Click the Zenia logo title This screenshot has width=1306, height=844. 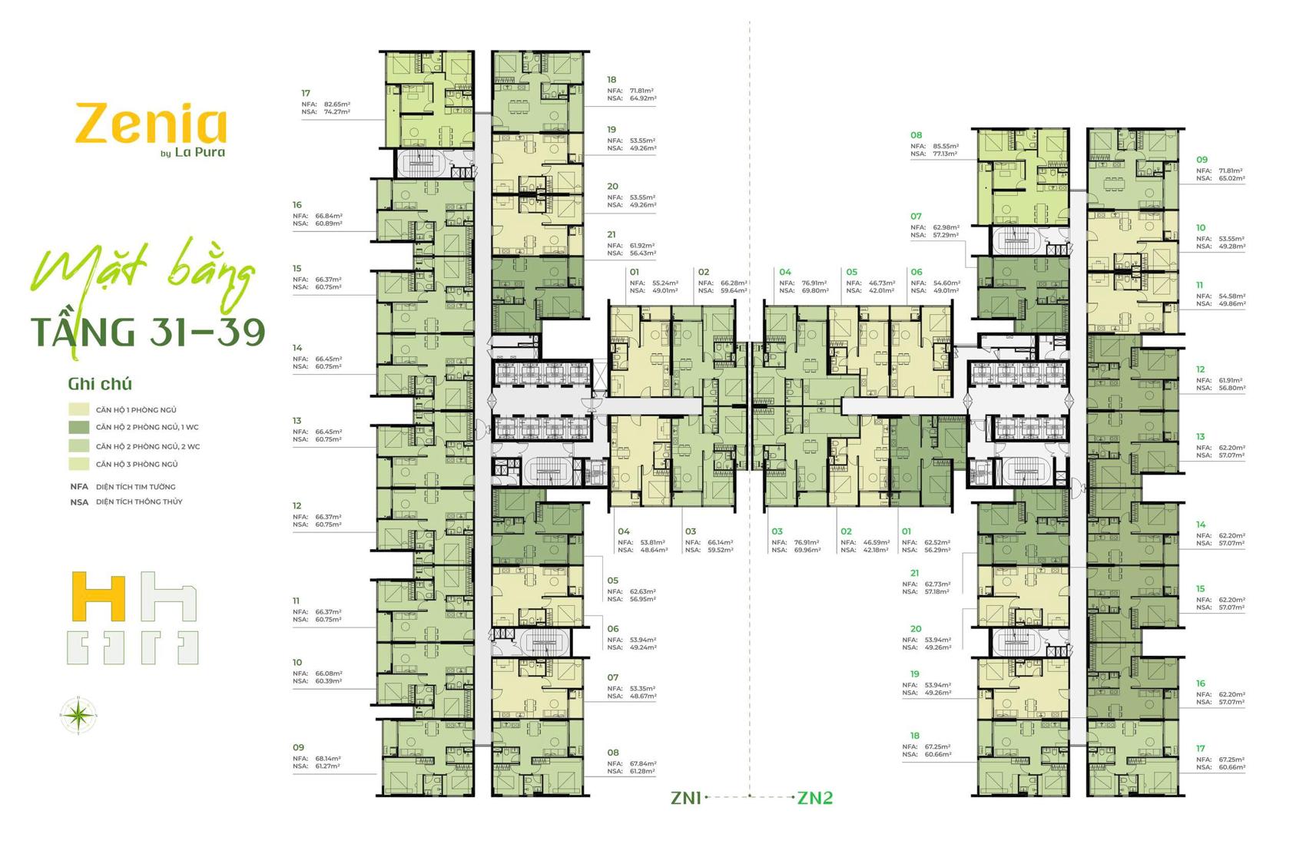[151, 125]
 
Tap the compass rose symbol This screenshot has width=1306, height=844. [78, 716]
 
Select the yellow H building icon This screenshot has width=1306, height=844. [98, 596]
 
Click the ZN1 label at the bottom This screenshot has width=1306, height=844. [686, 798]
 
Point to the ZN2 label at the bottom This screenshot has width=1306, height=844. [815, 798]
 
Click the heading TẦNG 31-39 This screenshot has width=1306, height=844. [148, 331]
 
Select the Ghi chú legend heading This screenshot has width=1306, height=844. [100, 384]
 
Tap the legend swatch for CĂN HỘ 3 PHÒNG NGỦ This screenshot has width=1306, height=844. [79, 464]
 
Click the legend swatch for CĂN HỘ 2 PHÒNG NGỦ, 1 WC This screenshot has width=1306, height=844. [79, 427]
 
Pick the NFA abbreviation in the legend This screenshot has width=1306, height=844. [79, 487]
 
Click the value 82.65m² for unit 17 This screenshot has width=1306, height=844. [336, 104]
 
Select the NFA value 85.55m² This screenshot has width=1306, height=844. [944, 146]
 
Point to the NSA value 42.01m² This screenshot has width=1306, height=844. [881, 291]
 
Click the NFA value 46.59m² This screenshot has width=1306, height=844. [875, 542]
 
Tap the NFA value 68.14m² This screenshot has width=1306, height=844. [327, 758]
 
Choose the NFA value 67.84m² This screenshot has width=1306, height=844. [643, 763]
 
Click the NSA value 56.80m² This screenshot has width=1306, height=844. [1231, 388]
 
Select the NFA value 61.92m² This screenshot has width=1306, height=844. [641, 245]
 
